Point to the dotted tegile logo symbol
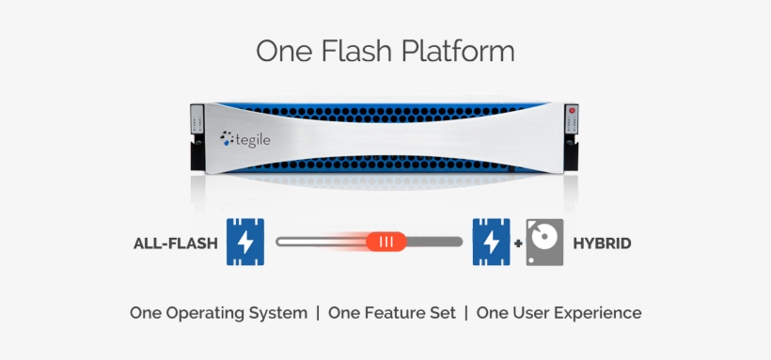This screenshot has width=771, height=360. click(227, 138)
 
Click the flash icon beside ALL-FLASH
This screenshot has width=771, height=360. click(244, 242)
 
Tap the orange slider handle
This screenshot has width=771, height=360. click(385, 242)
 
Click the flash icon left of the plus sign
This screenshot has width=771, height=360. click(490, 242)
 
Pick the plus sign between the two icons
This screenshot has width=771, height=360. click(518, 243)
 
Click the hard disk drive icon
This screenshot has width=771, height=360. click(544, 242)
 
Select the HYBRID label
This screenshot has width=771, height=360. click(602, 243)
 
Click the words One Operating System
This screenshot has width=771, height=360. click(218, 313)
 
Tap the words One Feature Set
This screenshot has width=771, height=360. click(392, 313)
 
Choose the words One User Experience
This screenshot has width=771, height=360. click(559, 313)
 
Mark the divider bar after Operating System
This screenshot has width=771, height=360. click(318, 313)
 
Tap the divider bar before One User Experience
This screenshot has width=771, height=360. click(466, 313)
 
